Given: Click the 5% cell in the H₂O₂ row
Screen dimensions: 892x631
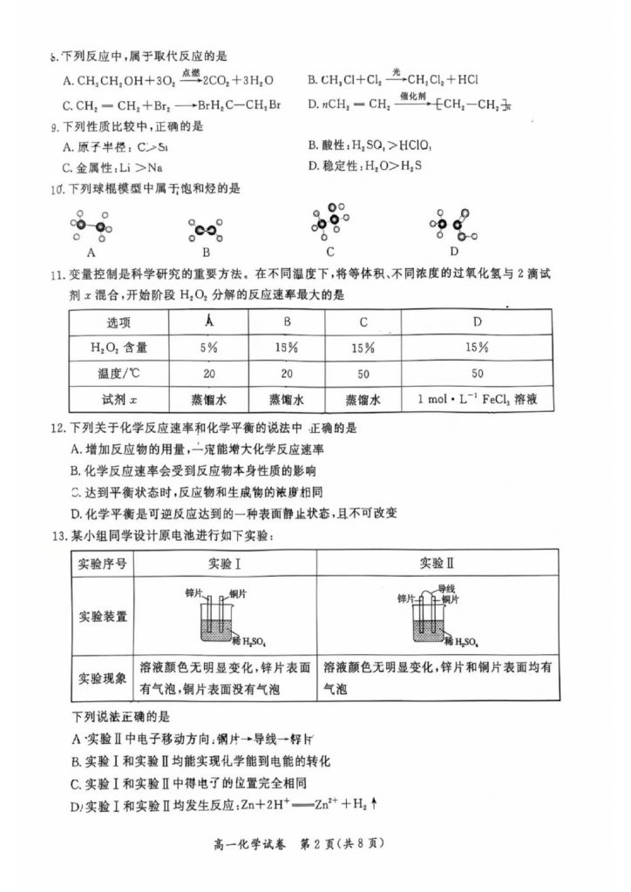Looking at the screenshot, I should [208, 347].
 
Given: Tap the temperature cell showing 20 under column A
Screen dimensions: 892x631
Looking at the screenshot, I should [208, 374].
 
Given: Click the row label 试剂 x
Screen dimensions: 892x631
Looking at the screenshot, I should [118, 400].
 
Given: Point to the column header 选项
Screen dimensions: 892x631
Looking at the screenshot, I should [118, 321].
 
